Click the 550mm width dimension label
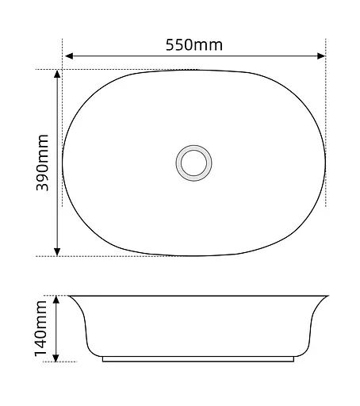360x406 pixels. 194,44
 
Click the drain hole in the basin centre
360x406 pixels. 193,163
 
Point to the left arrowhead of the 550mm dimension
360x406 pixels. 68,56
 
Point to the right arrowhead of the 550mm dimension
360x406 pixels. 321,56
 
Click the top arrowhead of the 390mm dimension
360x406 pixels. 57,74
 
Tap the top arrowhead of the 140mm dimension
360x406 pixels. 57,299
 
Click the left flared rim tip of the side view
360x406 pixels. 71,297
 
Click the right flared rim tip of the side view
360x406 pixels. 327,297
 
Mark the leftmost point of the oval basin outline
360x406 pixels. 63,163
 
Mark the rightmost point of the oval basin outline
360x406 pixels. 326,163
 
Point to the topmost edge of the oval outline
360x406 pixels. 194,70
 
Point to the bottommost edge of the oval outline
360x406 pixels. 194,255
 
